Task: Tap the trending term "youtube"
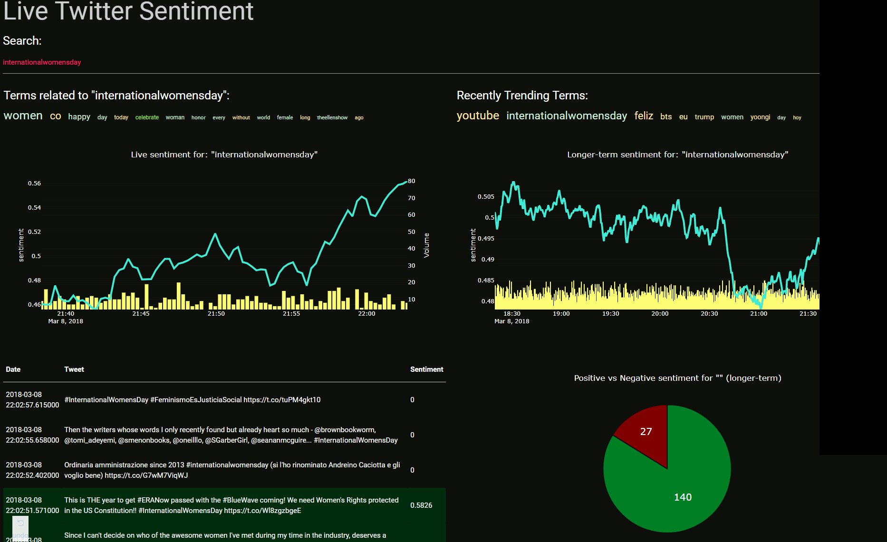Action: pyautogui.click(x=478, y=116)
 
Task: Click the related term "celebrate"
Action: pyautogui.click(x=147, y=117)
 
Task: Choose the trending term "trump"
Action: pyautogui.click(x=704, y=117)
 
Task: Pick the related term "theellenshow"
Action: pyautogui.click(x=332, y=117)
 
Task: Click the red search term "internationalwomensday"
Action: pyautogui.click(x=42, y=62)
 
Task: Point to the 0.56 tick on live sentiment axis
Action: pyautogui.click(x=34, y=184)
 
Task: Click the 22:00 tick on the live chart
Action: pyautogui.click(x=366, y=314)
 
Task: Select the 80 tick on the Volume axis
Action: pyautogui.click(x=412, y=181)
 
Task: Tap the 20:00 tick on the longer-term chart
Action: pyautogui.click(x=660, y=314)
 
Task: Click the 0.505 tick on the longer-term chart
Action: pyautogui.click(x=486, y=197)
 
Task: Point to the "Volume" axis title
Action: pyautogui.click(x=426, y=245)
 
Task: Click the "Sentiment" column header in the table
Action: pyautogui.click(x=426, y=369)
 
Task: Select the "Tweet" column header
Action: pyautogui.click(x=74, y=369)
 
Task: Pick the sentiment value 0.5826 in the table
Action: pyautogui.click(x=421, y=505)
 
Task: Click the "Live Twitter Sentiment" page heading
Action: pyautogui.click(x=128, y=11)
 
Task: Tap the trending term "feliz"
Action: pyautogui.click(x=644, y=116)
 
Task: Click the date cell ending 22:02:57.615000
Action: pyautogui.click(x=32, y=400)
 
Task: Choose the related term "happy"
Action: pyautogui.click(x=79, y=117)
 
